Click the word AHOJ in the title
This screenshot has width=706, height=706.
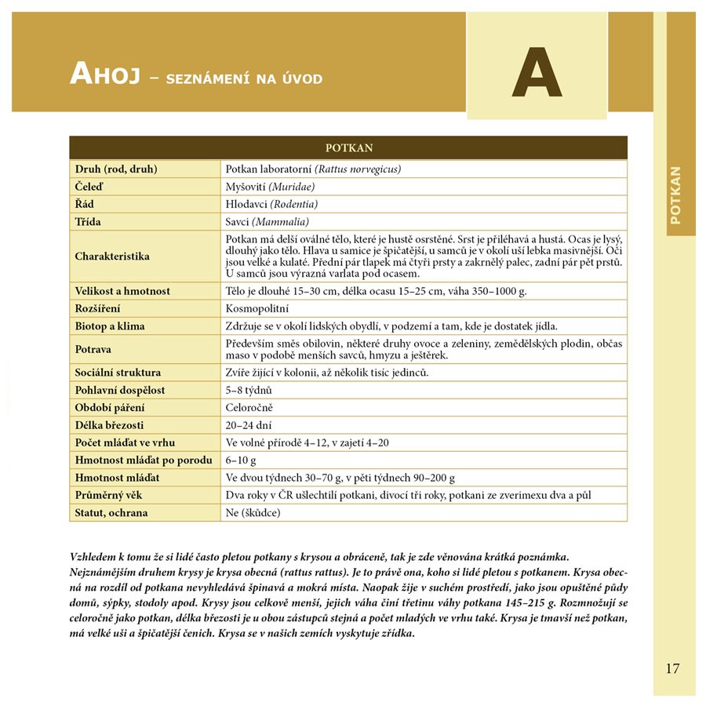coord(104,74)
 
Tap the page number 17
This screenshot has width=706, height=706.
coord(672,668)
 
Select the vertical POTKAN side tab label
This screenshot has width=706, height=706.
coord(676,195)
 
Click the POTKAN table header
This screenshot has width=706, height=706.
coord(348,147)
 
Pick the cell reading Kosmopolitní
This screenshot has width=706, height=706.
coord(257,308)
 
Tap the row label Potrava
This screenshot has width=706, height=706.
coord(93,349)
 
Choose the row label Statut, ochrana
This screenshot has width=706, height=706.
coord(111,513)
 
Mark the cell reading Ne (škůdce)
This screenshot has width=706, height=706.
coord(253,513)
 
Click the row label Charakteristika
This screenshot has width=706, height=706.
coord(112,257)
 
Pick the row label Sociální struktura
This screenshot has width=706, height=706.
coord(118,373)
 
